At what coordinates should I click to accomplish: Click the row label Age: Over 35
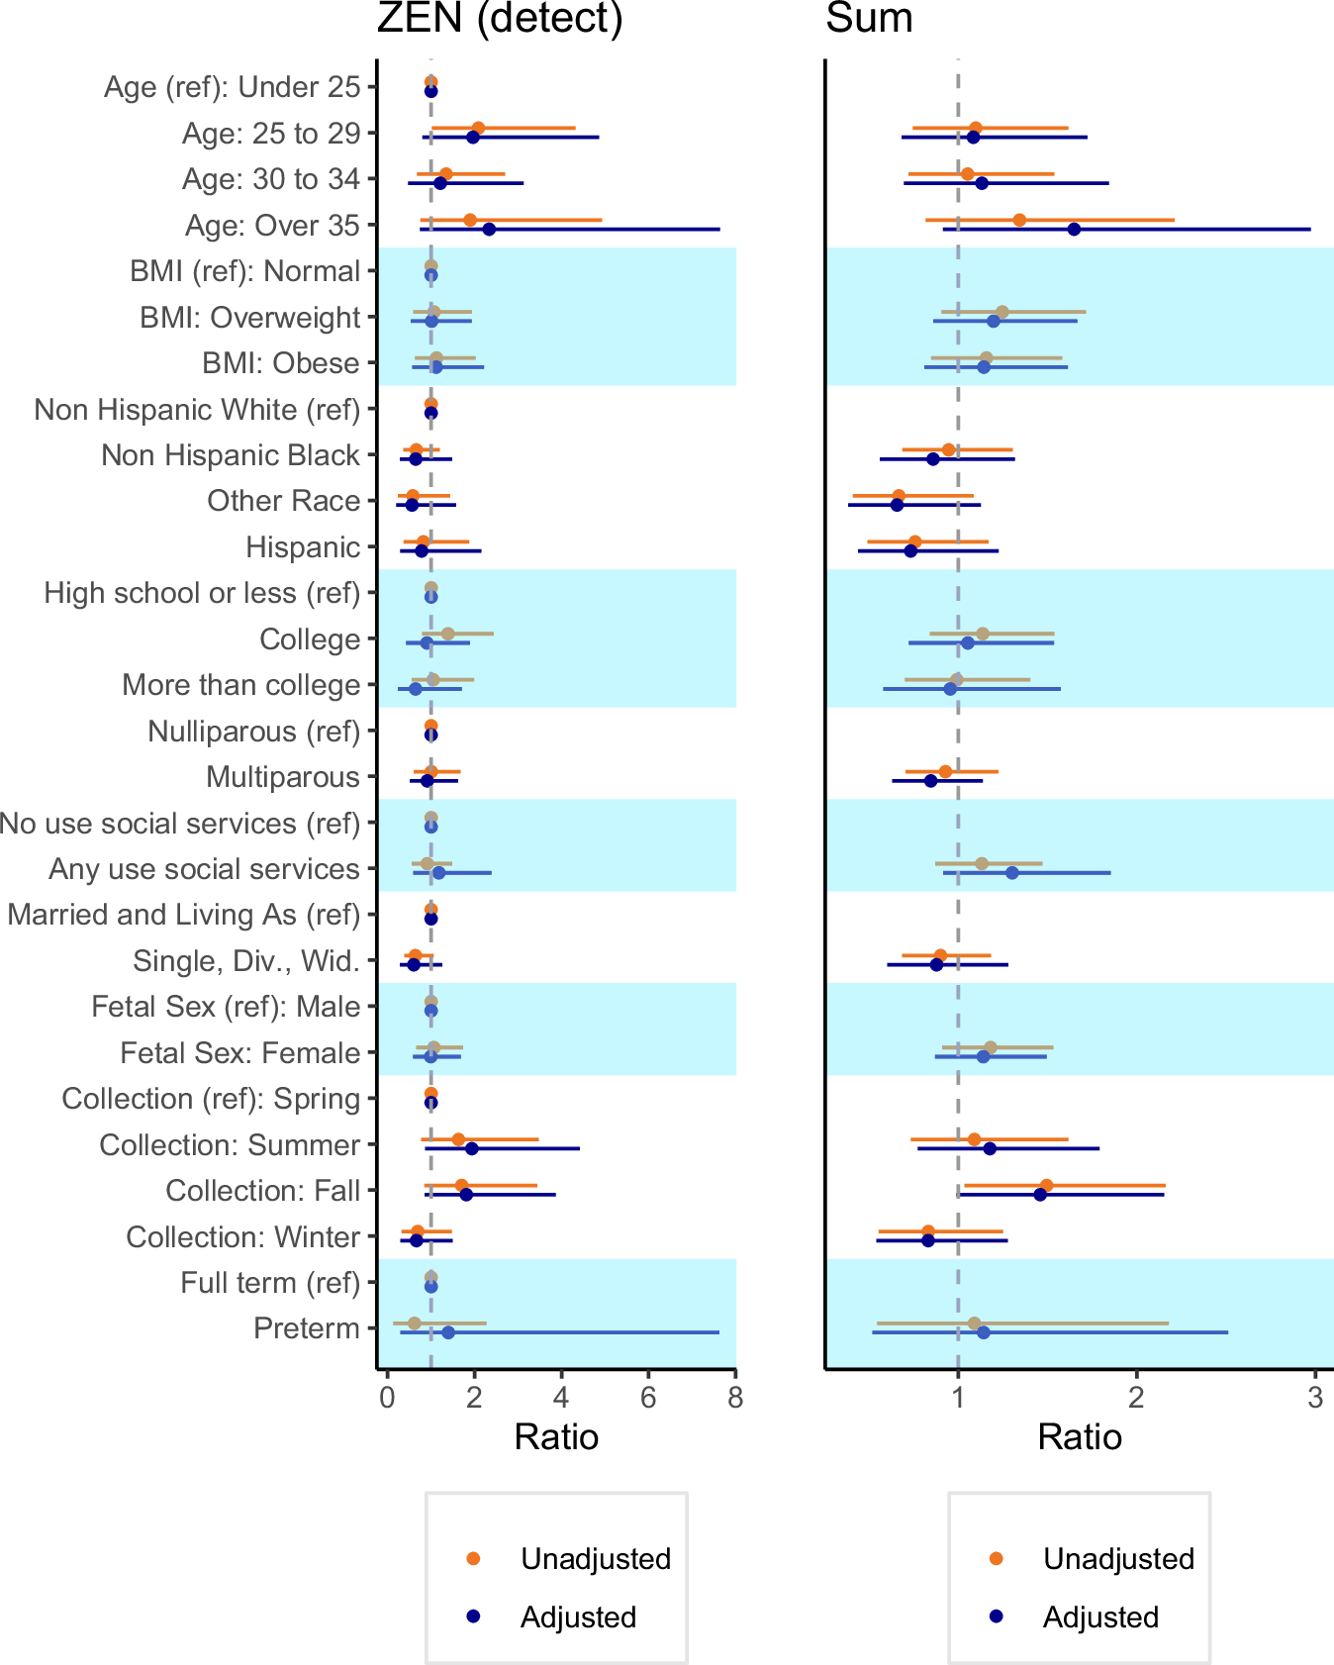(x=272, y=226)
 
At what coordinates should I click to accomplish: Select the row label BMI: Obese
(x=280, y=363)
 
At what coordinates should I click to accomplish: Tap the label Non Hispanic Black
(x=230, y=455)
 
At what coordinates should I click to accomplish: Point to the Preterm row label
(x=306, y=1328)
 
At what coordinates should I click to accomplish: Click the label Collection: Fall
(x=262, y=1191)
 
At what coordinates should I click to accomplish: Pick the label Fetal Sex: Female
(x=239, y=1053)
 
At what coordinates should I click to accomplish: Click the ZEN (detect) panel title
(x=500, y=18)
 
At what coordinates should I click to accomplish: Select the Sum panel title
(x=869, y=18)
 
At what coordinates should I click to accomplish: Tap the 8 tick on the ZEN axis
(x=735, y=1398)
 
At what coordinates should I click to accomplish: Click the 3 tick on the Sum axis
(x=1315, y=1398)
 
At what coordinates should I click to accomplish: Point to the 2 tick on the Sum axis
(x=1136, y=1398)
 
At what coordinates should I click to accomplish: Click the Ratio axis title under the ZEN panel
(x=556, y=1437)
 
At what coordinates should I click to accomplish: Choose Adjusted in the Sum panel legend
(x=1100, y=1616)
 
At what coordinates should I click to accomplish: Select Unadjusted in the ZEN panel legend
(x=595, y=1559)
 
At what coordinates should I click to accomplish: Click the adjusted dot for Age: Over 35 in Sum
(x=1074, y=230)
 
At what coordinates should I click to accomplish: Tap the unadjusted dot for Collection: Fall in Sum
(x=1046, y=1186)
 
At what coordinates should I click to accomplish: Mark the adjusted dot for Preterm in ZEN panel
(x=448, y=1332)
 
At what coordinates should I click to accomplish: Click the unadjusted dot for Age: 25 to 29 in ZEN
(x=478, y=128)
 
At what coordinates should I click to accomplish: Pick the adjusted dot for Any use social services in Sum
(x=1011, y=873)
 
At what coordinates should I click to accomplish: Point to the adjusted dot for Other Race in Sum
(x=897, y=505)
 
